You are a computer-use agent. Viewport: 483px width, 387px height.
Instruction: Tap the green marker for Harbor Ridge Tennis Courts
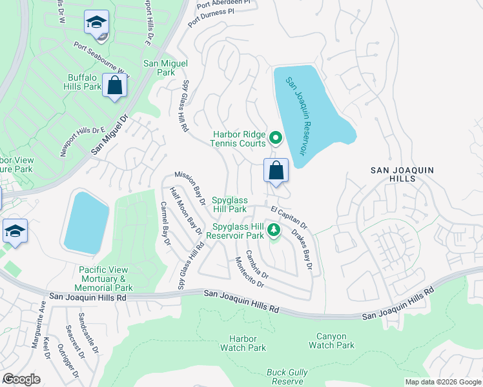pos(276,137)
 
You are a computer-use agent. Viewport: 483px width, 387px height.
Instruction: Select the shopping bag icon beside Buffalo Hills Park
pos(115,86)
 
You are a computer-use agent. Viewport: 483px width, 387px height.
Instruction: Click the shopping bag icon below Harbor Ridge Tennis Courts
pos(276,172)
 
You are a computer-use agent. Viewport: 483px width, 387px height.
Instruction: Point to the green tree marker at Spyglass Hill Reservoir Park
pos(273,230)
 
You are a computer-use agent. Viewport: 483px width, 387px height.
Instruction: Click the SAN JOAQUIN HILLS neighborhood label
pos(402,175)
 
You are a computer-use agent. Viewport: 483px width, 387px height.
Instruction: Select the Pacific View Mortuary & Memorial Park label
pos(106,279)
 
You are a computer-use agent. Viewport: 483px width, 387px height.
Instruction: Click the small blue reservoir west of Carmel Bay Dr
pos(86,222)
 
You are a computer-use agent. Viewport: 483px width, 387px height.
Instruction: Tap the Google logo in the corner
pos(21,379)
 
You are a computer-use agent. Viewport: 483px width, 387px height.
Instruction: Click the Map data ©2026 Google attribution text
pos(442,382)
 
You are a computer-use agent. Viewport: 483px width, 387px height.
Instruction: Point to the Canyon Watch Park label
pos(331,341)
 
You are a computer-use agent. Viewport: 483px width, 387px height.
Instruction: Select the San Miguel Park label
pos(165,68)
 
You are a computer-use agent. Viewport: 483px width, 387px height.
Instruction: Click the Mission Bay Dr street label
pos(190,188)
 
